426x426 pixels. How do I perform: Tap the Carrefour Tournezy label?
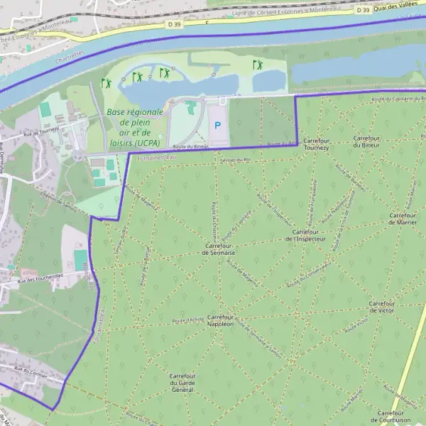316,144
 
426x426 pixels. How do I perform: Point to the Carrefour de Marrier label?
402,218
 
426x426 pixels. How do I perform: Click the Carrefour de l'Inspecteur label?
310,235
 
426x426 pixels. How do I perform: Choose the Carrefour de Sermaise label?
219,248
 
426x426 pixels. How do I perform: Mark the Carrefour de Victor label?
382,307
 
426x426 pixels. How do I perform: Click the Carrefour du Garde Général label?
182,382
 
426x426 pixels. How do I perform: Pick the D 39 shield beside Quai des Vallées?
363,9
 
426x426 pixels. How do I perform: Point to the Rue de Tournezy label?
40,132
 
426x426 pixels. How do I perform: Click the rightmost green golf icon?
258,65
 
